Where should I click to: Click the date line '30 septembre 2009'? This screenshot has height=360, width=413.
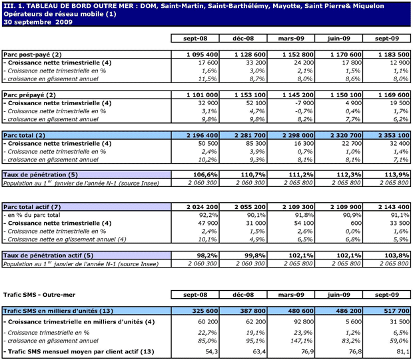pyautogui.click(x=38, y=22)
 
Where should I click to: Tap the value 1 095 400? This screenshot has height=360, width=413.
pyautogui.click(x=200, y=53)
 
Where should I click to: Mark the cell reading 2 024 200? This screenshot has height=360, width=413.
pyautogui.click(x=200, y=206)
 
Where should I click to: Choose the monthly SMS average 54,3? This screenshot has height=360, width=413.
pyautogui.click(x=211, y=351)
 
